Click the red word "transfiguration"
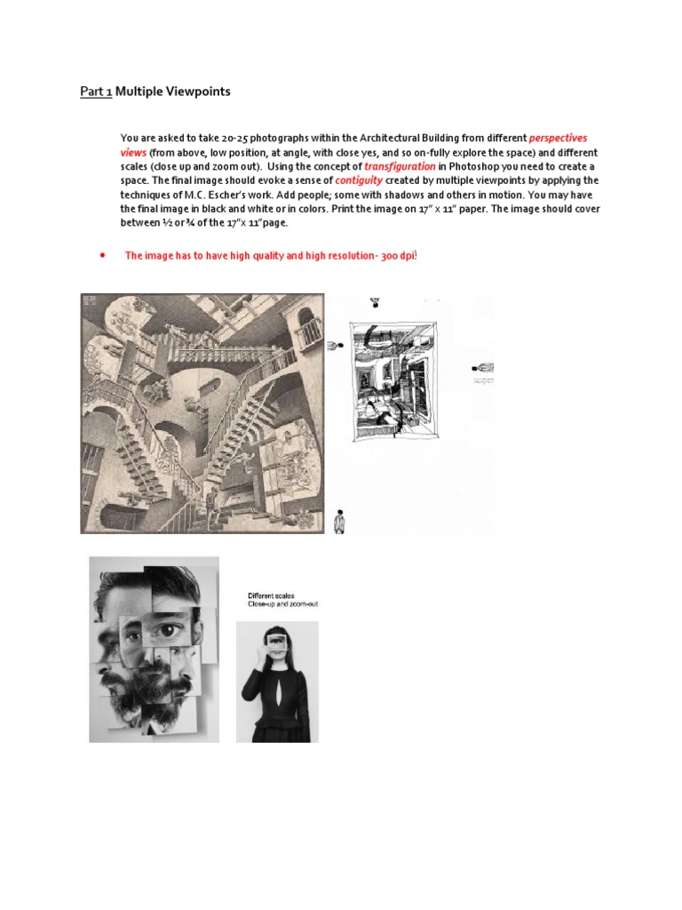coord(400,166)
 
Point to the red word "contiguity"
coord(359,180)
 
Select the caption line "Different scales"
coord(271,595)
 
